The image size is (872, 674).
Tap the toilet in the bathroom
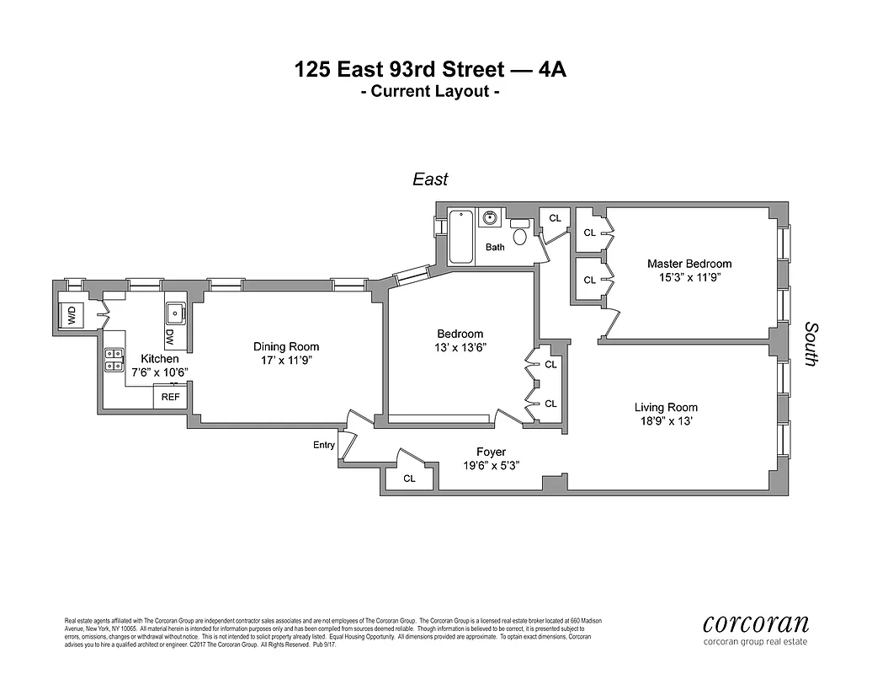click(519, 233)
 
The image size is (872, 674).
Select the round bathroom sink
click(490, 218)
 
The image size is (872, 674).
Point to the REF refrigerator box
click(170, 396)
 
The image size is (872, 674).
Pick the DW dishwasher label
click(169, 336)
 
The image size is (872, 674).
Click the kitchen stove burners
click(114, 360)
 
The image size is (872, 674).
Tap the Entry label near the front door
click(323, 445)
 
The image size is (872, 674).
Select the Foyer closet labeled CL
click(409, 478)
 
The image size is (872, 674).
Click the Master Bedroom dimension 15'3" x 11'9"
click(689, 276)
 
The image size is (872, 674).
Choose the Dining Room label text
click(286, 346)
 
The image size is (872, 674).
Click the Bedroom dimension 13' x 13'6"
click(460, 346)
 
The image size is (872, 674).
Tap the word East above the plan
click(429, 179)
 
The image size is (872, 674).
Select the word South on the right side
click(811, 343)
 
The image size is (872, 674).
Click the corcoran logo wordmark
click(755, 623)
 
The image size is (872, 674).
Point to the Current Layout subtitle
click(430, 92)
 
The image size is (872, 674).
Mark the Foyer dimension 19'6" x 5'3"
click(491, 466)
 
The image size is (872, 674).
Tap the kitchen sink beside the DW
click(176, 313)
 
